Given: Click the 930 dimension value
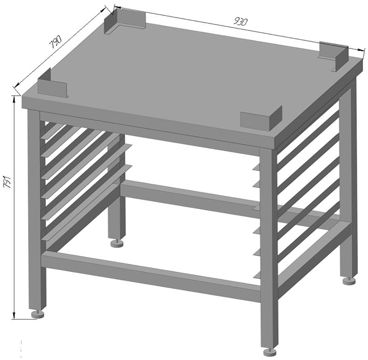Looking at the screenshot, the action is (241, 22).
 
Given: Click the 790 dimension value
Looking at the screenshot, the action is (55, 42).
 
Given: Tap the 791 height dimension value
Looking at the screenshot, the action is (7, 182).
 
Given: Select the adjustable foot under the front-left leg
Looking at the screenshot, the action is (38, 314).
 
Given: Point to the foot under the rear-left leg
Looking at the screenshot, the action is (117, 243).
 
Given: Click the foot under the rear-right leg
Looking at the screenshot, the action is (349, 281).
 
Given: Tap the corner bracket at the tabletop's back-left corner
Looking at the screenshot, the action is (125, 22).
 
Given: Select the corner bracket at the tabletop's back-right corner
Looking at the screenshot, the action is (333, 56).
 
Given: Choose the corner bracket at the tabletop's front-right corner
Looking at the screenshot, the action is (261, 118).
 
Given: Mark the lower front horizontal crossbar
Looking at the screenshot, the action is (151, 273).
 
